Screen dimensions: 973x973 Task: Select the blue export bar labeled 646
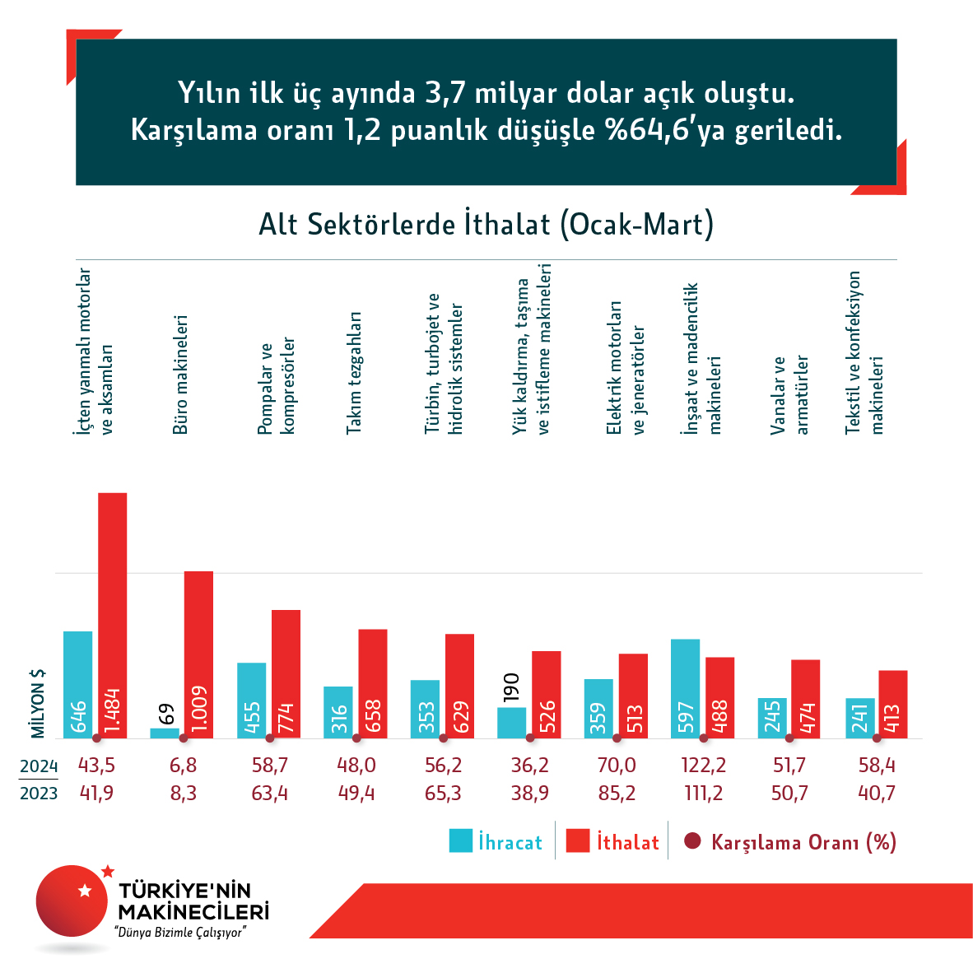77,684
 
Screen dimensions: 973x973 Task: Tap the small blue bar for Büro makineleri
165,733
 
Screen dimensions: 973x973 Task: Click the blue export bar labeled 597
685,688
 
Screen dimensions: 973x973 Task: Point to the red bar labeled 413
892,704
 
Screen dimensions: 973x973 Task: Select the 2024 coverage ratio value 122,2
704,766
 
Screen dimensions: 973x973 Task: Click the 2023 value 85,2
617,794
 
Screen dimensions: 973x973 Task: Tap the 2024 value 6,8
183,766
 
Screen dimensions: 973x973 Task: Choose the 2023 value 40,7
877,794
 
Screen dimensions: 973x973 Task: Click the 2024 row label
39,766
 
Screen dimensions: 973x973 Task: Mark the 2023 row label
39,794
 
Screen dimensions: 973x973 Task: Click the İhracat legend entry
496,842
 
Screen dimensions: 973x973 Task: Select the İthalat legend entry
613,842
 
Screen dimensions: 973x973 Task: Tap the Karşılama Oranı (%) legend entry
790,842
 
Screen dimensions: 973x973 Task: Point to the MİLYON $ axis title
38,703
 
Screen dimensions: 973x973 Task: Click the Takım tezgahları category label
354,373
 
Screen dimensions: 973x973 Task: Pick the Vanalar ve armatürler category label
790,394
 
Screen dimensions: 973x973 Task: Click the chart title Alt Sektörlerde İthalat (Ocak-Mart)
486,225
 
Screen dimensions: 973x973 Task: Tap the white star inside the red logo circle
84,891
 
